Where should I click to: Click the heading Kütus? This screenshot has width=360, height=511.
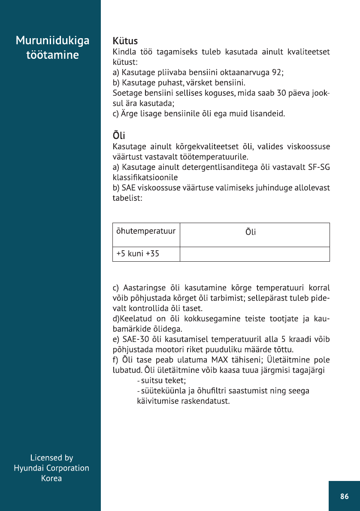coord(125,41)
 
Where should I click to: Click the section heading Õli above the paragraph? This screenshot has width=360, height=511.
coord(118,136)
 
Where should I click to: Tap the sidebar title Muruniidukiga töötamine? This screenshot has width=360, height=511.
coord(52,48)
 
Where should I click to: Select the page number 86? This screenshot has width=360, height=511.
coord(344,496)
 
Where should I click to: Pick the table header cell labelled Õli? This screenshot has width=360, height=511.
coord(251,233)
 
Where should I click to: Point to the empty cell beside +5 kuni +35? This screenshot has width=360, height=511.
coord(254,254)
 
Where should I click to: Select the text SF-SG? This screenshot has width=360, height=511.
coord(319,167)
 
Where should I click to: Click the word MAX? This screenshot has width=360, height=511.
coord(220,359)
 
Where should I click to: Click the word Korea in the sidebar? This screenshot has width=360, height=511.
coord(51,478)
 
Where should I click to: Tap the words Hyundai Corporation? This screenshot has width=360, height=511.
coord(51,468)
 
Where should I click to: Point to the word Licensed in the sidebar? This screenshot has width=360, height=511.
coord(42,457)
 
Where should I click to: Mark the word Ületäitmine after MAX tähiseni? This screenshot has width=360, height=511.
coord(283,359)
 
